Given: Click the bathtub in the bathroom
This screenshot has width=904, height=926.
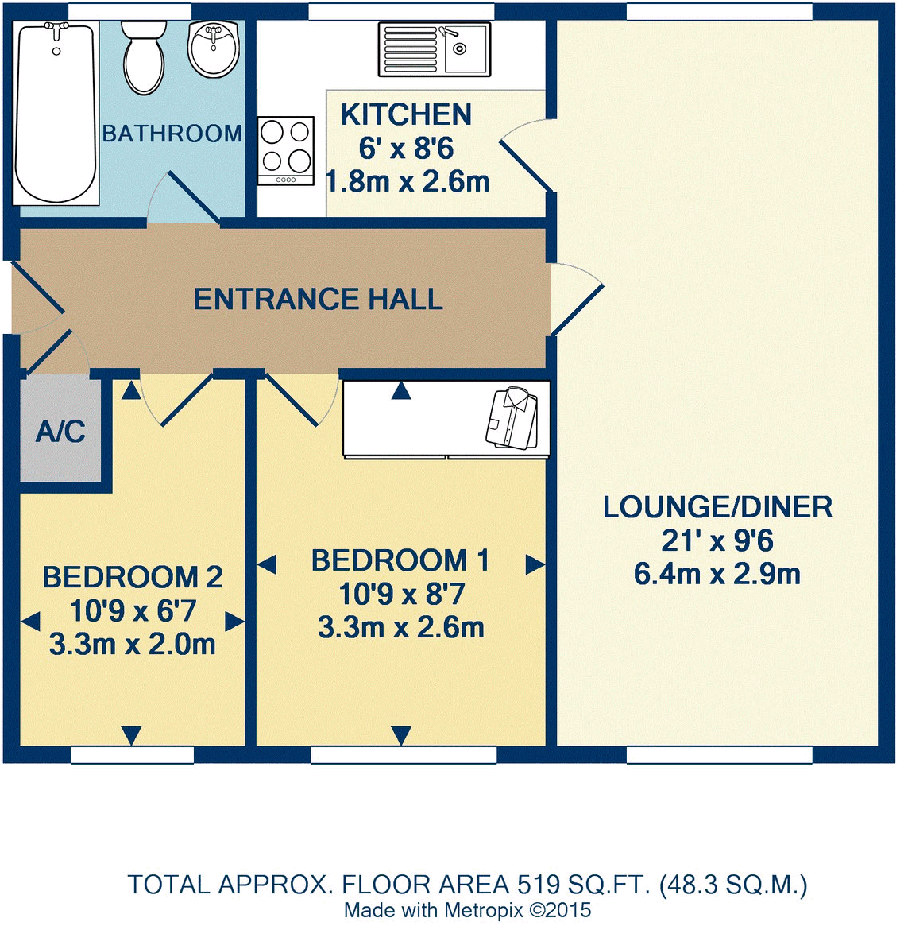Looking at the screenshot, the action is coord(56,114).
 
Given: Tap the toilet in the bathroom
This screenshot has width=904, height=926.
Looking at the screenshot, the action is coord(144,57).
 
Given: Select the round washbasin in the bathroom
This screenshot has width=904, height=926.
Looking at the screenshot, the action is coord(213,49).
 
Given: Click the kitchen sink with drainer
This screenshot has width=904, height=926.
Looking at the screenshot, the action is coord(435,49).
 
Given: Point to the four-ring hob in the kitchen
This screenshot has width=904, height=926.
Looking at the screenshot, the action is coord(286,151).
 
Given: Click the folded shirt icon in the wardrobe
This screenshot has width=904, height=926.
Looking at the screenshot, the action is coord(512,419).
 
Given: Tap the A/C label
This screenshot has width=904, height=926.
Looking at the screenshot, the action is coord(60,432).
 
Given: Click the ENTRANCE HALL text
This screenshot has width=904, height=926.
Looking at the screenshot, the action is coord(318,299).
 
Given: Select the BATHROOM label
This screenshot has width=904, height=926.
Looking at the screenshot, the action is coord(172,134).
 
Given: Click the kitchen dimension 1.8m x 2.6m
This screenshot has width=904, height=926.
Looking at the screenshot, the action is coord(408,181).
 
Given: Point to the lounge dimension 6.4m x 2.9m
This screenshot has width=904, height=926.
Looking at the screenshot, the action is coord(717,574).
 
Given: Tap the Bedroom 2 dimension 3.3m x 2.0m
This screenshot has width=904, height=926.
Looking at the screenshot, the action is coord(132,645).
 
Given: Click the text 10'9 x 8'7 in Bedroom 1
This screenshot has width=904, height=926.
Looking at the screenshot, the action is coord(401,594).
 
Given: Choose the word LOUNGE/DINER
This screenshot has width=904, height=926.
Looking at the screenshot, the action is coord(717,507).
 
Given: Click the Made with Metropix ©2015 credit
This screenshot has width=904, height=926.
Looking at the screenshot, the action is coord(467,910).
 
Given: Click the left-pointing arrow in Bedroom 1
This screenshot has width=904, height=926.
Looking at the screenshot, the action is coord(267,564).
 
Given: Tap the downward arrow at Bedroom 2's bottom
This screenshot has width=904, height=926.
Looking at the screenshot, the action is coord(132,735).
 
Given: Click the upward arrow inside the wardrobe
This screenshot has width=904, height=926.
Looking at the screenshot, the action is coord(401,390).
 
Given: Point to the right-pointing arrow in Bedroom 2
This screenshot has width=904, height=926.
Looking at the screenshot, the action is coord(235,622).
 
